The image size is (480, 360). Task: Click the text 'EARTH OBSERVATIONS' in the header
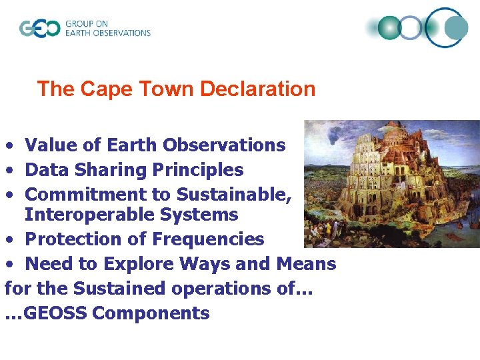(108, 33)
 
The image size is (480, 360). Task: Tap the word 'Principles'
(198, 170)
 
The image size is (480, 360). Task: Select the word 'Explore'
(133, 264)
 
